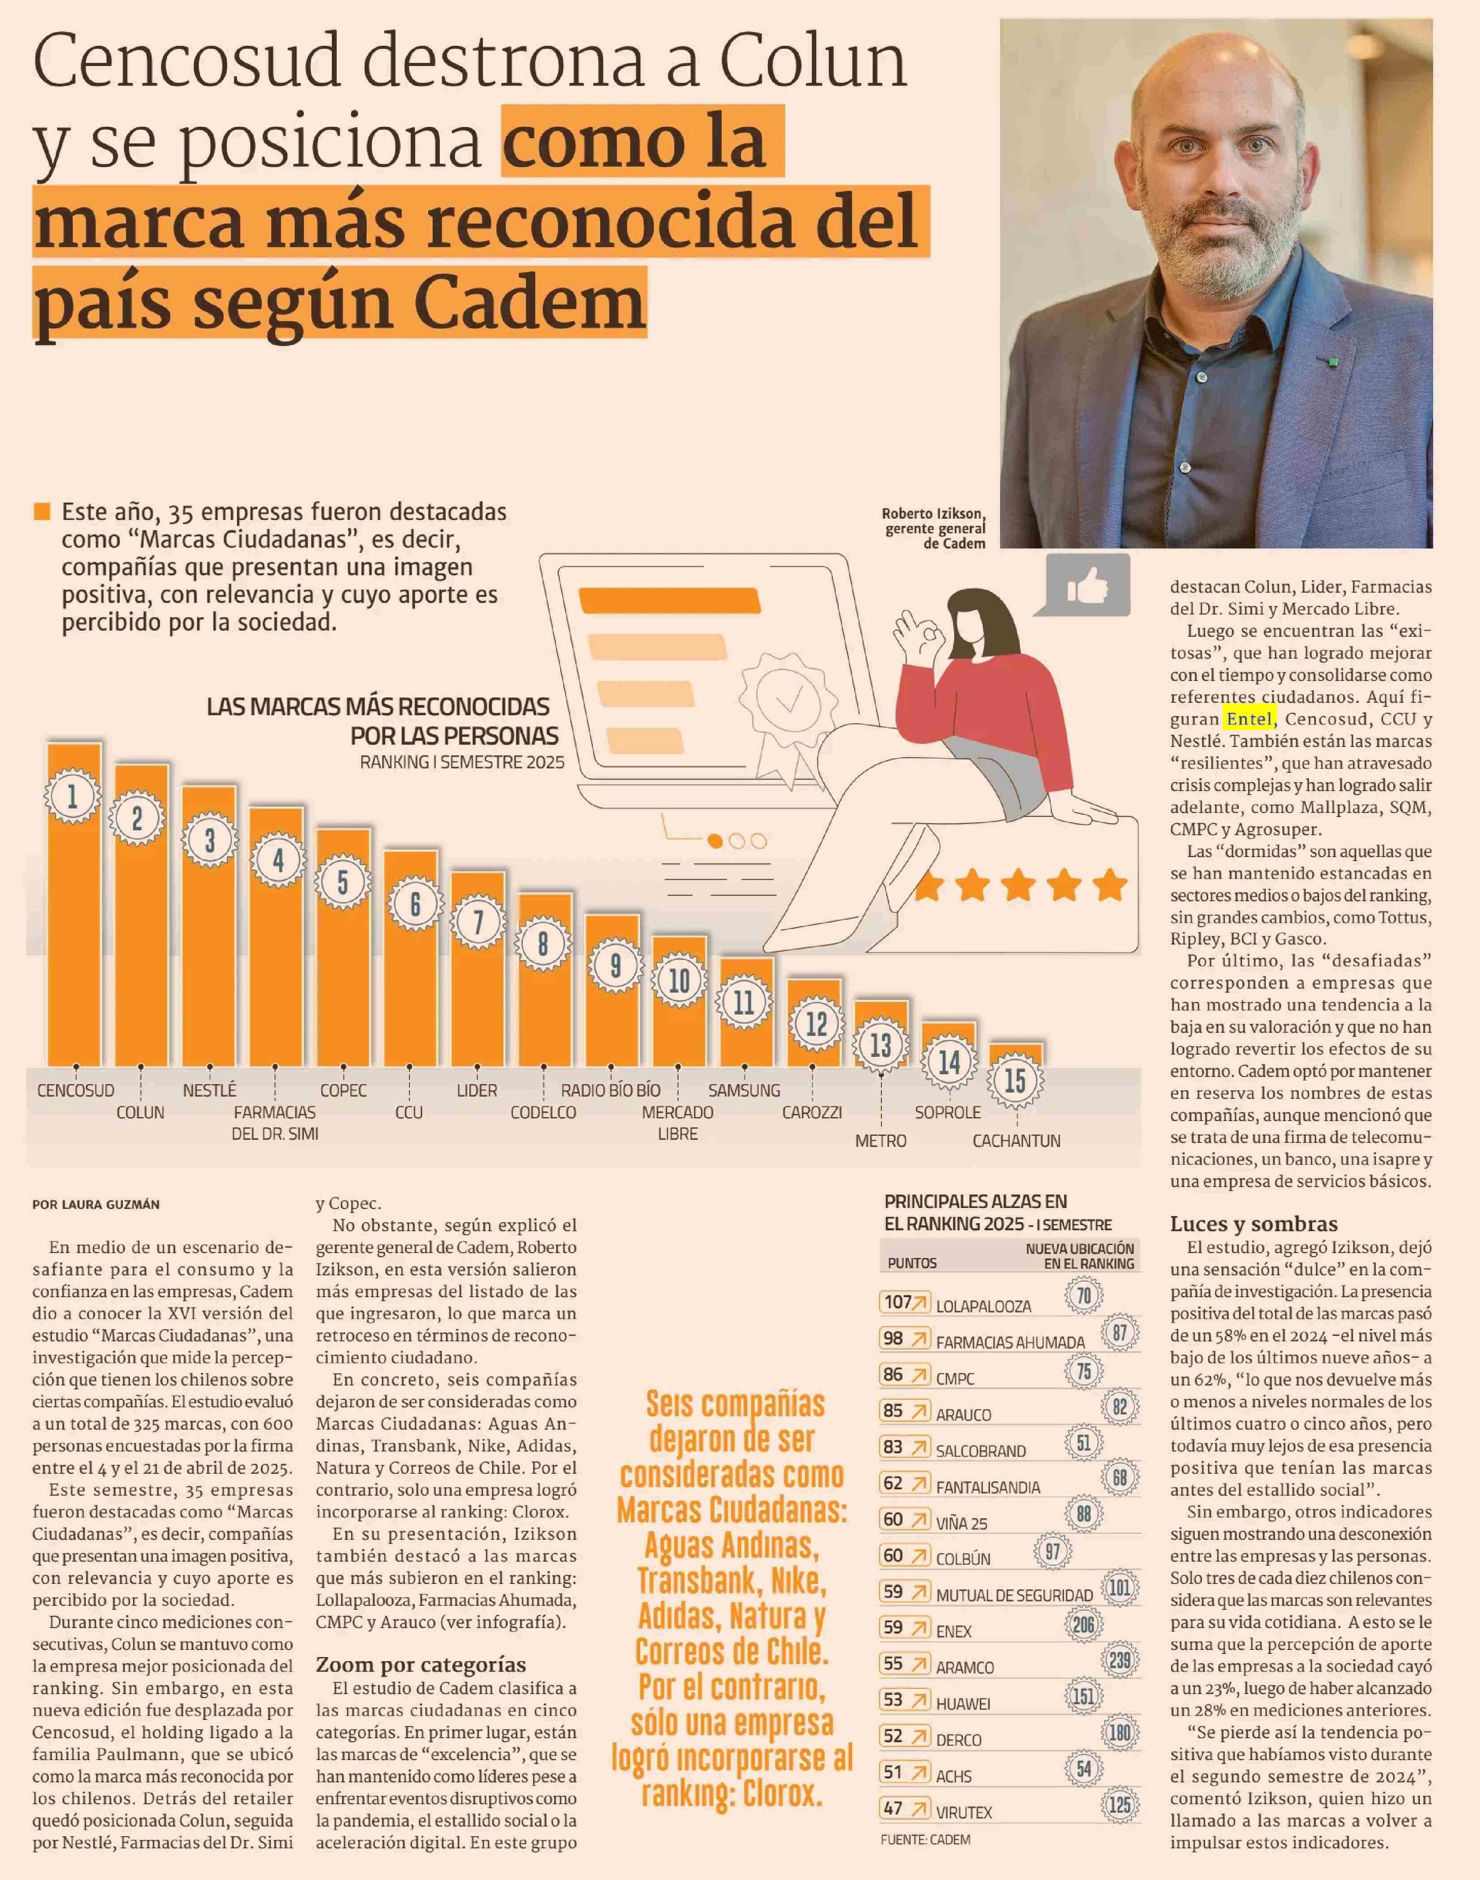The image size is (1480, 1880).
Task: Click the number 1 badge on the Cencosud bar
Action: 72,796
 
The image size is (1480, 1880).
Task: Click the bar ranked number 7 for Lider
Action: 477,996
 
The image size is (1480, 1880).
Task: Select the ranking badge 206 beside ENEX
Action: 1083,1624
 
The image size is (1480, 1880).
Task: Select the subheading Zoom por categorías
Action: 420,1664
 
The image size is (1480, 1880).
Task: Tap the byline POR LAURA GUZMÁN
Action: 96,1204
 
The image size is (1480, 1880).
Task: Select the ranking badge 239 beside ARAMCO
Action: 1120,1661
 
